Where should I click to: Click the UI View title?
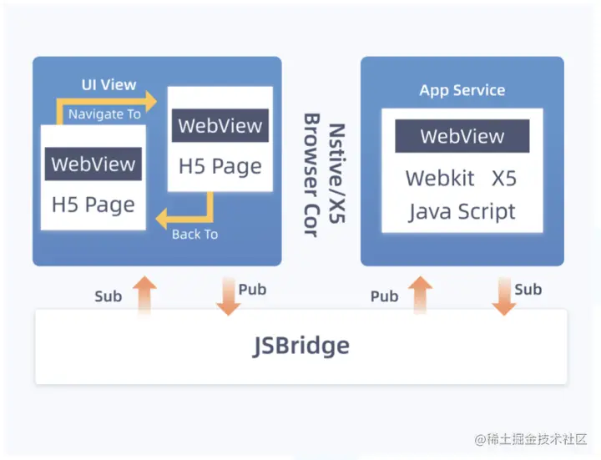click(109, 84)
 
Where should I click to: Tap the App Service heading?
click(462, 90)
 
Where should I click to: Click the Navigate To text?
click(104, 114)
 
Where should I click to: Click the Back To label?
click(194, 235)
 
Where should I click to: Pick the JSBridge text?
click(300, 346)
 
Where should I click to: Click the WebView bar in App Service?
click(462, 136)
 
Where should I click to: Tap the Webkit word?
click(440, 179)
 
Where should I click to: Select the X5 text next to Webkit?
click(504, 179)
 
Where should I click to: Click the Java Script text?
click(462, 212)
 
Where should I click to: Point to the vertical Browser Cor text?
click(311, 175)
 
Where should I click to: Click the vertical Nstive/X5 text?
click(337, 174)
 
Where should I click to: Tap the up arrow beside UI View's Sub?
click(144, 296)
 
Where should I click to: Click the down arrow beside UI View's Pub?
click(229, 296)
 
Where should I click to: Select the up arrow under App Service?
click(421, 296)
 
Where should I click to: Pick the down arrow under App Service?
click(504, 296)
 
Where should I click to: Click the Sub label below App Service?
click(528, 290)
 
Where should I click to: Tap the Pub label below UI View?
click(252, 290)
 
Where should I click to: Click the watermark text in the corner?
click(531, 439)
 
